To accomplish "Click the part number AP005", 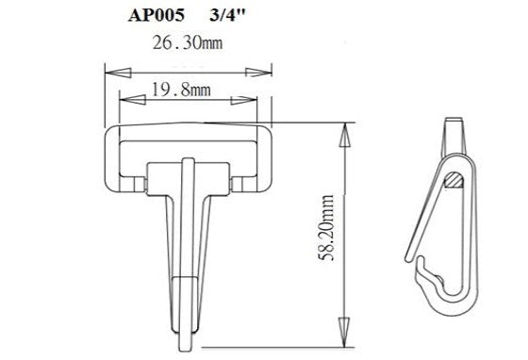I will pyautogui.click(x=155, y=16).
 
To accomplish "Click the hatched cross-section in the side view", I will pyautogui.click(x=455, y=177).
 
